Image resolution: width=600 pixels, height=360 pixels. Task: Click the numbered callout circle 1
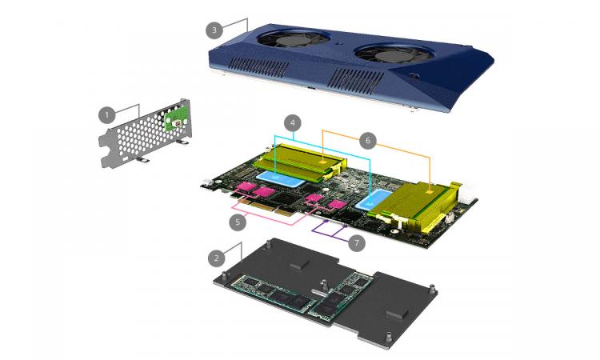click(x=106, y=114)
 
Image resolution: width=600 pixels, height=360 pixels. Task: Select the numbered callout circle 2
click(x=217, y=258)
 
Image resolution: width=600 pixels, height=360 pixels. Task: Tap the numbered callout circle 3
click(x=214, y=30)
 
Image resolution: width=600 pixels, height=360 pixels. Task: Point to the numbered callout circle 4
click(x=293, y=123)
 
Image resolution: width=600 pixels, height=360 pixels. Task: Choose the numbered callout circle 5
click(x=238, y=222)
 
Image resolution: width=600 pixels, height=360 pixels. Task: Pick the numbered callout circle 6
click(x=368, y=141)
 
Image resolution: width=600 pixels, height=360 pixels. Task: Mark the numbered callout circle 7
click(x=357, y=243)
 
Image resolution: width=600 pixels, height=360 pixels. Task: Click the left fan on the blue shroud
click(x=293, y=38)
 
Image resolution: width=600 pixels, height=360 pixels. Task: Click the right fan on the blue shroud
click(x=394, y=54)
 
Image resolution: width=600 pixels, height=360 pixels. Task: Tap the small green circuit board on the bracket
click(x=177, y=121)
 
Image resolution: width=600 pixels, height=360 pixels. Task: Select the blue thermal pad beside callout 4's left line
click(x=282, y=179)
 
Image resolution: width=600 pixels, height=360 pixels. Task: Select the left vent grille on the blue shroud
click(x=259, y=68)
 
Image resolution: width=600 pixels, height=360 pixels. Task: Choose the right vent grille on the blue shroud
click(x=356, y=82)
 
